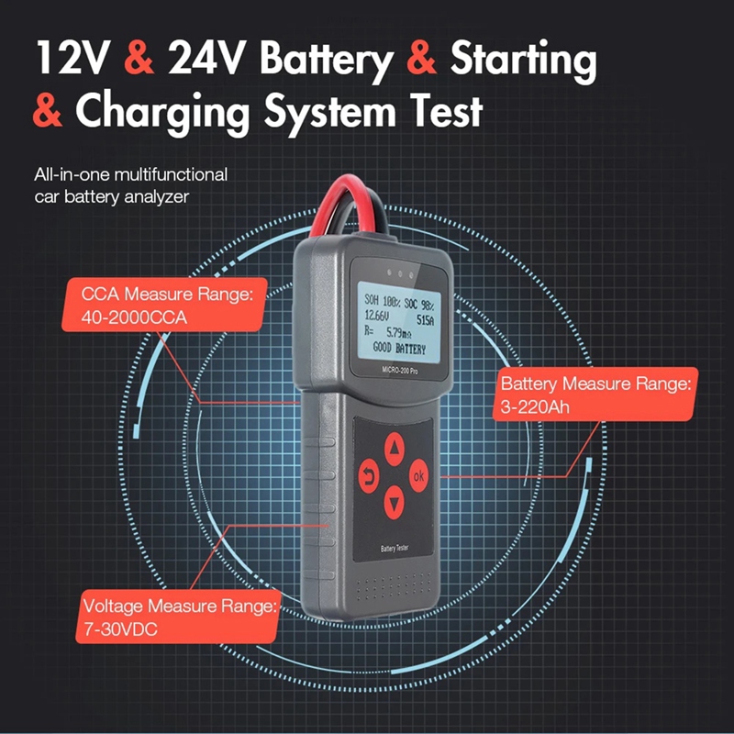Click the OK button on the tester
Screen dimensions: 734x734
(x=419, y=475)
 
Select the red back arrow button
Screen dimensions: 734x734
(x=370, y=475)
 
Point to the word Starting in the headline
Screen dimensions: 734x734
(x=524, y=61)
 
